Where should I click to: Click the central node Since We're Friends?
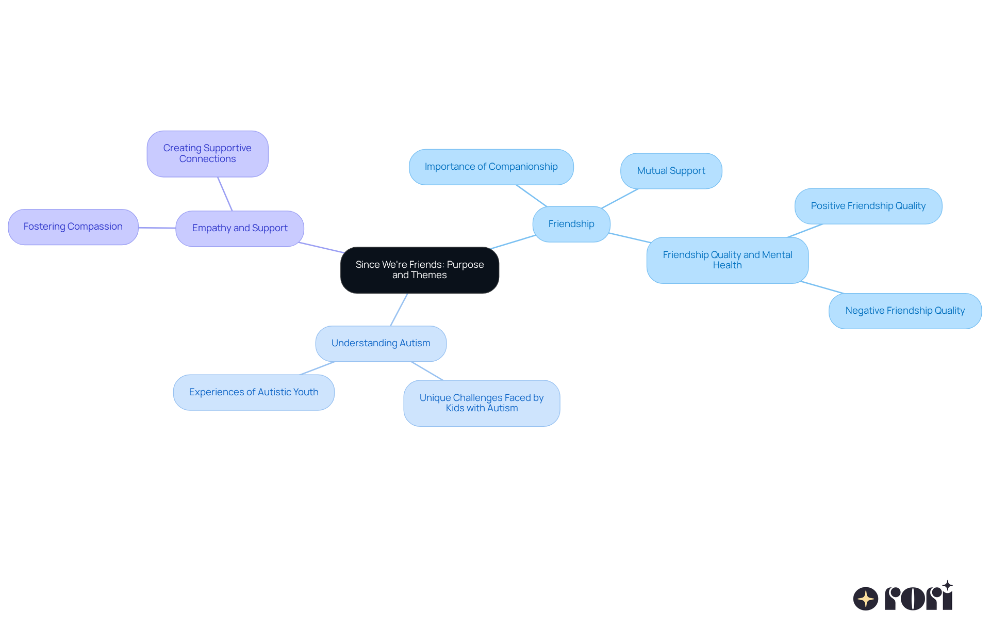pos(419,270)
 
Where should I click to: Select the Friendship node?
pos(571,224)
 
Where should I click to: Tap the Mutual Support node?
pos(671,171)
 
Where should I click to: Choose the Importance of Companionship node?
pos(491,167)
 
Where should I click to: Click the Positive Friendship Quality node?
pos(868,206)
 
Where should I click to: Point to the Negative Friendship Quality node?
pos(904,311)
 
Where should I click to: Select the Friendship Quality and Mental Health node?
pos(727,260)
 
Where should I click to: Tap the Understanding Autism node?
pos(381,343)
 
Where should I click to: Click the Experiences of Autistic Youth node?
pos(254,392)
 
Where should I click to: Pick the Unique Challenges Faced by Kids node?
pos(482,403)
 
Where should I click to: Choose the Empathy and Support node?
pos(240,228)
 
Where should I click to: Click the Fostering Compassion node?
pos(73,227)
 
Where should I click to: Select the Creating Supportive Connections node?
pos(207,154)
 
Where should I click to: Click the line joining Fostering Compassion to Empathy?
pos(157,228)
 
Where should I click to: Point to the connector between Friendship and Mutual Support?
pos(620,199)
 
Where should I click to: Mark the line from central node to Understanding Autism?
pos(399,310)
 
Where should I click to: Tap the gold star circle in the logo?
pos(865,599)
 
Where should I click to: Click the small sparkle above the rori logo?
pos(947,586)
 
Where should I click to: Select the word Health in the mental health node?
pos(727,265)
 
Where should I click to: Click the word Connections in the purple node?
pos(207,159)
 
